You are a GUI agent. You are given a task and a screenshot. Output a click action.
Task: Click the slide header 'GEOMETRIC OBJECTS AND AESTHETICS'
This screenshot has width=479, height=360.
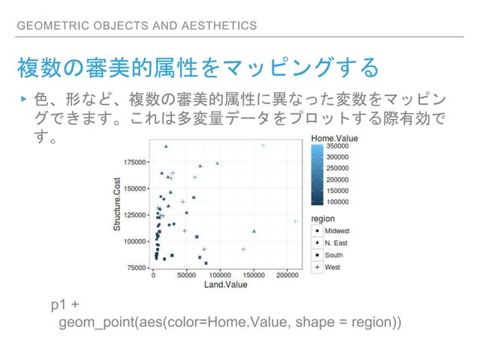click(137, 26)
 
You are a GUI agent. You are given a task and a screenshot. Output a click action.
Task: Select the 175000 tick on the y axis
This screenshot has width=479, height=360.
click(135, 162)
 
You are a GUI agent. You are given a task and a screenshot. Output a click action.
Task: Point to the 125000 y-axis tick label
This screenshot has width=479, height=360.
click(135, 214)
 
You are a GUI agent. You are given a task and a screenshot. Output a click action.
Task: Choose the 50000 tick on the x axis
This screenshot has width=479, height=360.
click(187, 276)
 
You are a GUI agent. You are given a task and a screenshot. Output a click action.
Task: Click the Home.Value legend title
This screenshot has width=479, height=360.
click(336, 138)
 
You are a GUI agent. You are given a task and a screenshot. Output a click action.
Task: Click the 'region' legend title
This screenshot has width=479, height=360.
click(324, 219)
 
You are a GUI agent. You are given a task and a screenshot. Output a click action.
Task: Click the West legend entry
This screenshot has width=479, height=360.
click(333, 267)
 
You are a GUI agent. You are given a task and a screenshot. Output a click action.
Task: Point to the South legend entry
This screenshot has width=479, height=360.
click(334, 255)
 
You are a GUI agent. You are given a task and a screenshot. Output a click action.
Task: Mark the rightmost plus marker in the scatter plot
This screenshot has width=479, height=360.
click(295, 221)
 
